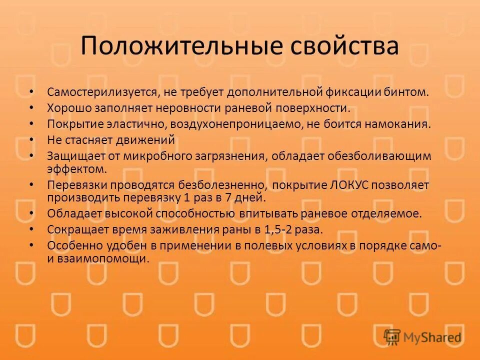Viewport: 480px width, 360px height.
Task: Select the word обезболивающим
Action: [379, 156]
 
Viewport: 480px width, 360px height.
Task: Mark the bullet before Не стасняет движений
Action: [32, 140]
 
